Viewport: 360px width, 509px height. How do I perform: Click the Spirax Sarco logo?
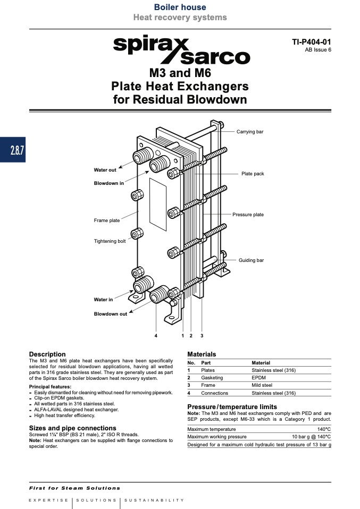click(182, 49)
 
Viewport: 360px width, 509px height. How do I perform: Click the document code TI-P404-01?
click(311, 42)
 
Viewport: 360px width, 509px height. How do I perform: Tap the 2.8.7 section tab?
click(13, 150)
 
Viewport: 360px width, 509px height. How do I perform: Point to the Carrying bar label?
click(250, 131)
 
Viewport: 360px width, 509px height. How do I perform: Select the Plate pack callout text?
click(253, 174)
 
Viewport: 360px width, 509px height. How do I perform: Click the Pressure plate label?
click(248, 215)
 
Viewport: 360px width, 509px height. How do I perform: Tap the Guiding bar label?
click(251, 260)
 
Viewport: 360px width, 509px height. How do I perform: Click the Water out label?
click(105, 170)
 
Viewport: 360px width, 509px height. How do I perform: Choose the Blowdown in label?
click(109, 183)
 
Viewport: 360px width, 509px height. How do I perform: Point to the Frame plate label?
click(107, 220)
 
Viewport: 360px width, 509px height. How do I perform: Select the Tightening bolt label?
click(110, 241)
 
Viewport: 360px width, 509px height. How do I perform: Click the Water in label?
click(103, 300)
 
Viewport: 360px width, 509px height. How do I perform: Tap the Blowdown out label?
click(111, 314)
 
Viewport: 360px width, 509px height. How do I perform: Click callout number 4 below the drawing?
click(156, 336)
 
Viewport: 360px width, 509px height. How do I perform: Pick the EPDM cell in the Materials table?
click(258, 378)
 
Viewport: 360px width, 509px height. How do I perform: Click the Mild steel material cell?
click(262, 385)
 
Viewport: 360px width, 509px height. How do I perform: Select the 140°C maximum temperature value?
click(324, 429)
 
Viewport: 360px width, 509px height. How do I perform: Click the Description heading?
click(47, 354)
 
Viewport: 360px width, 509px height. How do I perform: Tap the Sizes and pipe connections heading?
click(72, 428)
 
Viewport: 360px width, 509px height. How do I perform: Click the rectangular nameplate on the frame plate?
click(158, 205)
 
